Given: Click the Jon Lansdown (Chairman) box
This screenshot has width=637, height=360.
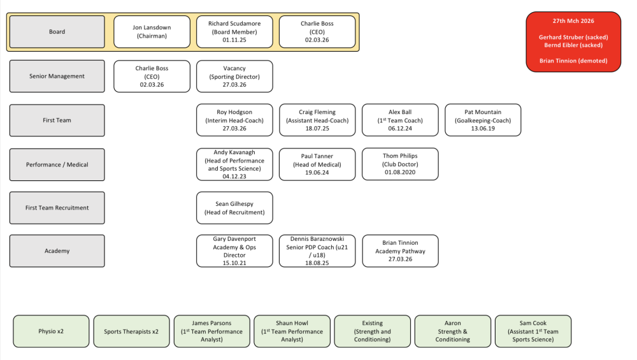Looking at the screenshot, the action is click(x=152, y=32).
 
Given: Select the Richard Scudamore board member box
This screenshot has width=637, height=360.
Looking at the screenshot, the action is click(x=234, y=32).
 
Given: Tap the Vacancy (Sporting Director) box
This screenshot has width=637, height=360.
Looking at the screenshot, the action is click(x=234, y=76).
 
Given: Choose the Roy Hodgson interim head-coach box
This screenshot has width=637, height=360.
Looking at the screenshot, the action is click(x=234, y=120).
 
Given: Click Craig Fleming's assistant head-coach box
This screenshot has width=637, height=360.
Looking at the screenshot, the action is click(x=317, y=120).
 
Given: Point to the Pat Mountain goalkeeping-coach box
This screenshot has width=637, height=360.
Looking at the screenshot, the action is click(x=483, y=120).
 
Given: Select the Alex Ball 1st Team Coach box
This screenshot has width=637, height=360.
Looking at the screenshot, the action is click(x=400, y=120).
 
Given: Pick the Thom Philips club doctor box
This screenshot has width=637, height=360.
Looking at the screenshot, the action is click(x=400, y=164).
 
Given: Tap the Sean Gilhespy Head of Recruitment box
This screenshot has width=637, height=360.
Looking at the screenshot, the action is click(x=234, y=208).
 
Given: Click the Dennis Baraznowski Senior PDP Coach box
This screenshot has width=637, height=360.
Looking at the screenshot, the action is click(x=317, y=250).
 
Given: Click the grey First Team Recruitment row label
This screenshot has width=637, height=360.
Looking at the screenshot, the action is click(x=57, y=208).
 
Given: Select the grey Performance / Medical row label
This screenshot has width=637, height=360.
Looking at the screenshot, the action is click(x=57, y=164).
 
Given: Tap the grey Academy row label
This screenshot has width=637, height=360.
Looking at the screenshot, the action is click(x=57, y=250).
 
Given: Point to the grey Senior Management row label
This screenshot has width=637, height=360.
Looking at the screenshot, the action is click(x=57, y=76).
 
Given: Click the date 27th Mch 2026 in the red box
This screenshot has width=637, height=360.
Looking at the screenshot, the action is click(x=573, y=21).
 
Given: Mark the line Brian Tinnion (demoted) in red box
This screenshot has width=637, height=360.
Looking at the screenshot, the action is click(x=573, y=61).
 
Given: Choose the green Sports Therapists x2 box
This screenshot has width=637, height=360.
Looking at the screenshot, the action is click(x=131, y=331).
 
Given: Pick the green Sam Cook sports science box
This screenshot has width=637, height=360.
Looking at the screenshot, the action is click(x=533, y=331).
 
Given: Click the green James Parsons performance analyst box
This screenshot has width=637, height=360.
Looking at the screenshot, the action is click(x=211, y=331).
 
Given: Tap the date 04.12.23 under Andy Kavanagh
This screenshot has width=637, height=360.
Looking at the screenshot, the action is click(x=234, y=176).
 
